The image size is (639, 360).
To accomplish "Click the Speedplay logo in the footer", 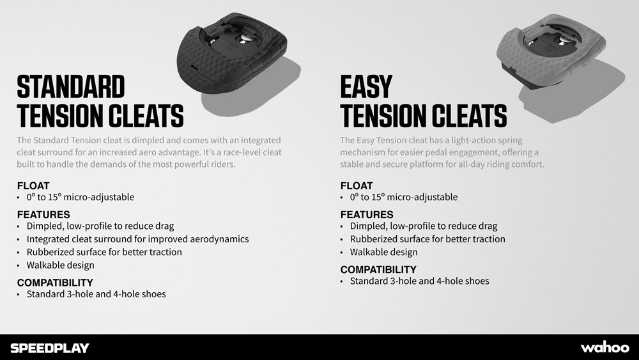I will [x=49, y=348].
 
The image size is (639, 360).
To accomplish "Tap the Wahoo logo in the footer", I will [x=604, y=347].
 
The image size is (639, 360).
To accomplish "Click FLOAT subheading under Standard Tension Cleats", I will [x=33, y=186].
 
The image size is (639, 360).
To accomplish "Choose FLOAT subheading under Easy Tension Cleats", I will [x=357, y=186].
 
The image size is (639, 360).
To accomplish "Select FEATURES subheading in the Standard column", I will [x=43, y=215].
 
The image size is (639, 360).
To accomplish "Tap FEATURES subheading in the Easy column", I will [x=367, y=215].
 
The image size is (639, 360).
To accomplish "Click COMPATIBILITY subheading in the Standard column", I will [x=55, y=283].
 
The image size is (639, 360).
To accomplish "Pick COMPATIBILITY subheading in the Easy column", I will [x=378, y=270].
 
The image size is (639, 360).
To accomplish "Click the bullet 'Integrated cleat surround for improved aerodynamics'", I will [x=137, y=239].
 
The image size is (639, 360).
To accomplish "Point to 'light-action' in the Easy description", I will [x=447, y=140].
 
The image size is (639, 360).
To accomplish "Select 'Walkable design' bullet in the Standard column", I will [x=60, y=265].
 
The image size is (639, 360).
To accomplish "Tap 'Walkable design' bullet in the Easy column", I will [x=383, y=252].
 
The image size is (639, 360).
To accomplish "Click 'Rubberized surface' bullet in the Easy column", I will [x=427, y=239].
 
